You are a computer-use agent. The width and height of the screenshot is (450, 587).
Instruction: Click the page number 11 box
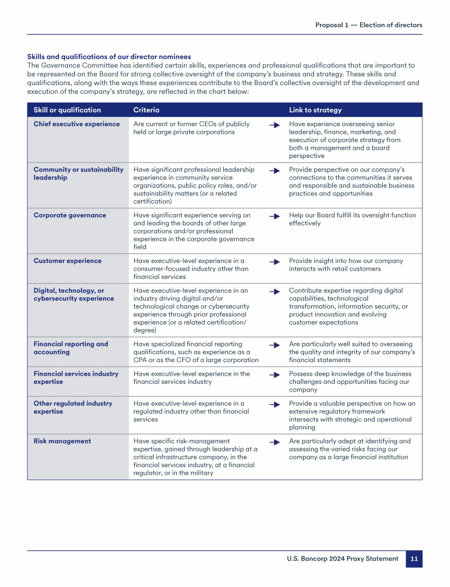(414, 559)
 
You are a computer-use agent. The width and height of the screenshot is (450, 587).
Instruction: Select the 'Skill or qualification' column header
(67, 110)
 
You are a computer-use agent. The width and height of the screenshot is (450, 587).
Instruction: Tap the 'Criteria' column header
(146, 110)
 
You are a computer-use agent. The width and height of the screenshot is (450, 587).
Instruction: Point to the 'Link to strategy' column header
(315, 110)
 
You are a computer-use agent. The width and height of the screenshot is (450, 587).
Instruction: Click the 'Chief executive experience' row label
(77, 124)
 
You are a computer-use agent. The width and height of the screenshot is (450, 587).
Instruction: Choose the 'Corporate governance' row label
(70, 215)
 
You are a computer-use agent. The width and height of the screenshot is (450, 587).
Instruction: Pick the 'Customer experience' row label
(67, 261)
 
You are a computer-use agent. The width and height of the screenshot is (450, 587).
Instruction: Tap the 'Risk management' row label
(62, 441)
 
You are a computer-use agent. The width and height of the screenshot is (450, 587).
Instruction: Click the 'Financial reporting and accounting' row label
(71, 348)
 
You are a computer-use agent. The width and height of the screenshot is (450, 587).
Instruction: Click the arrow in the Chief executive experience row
(274, 125)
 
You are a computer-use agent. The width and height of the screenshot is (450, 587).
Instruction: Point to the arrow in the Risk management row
(274, 441)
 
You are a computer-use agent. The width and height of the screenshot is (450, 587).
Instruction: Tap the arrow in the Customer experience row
(274, 262)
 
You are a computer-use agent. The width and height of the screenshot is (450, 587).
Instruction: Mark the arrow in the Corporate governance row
(274, 216)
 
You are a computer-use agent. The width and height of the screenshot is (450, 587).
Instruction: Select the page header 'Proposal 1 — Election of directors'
(369, 25)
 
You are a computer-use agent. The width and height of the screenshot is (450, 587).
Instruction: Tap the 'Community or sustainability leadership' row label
(79, 174)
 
